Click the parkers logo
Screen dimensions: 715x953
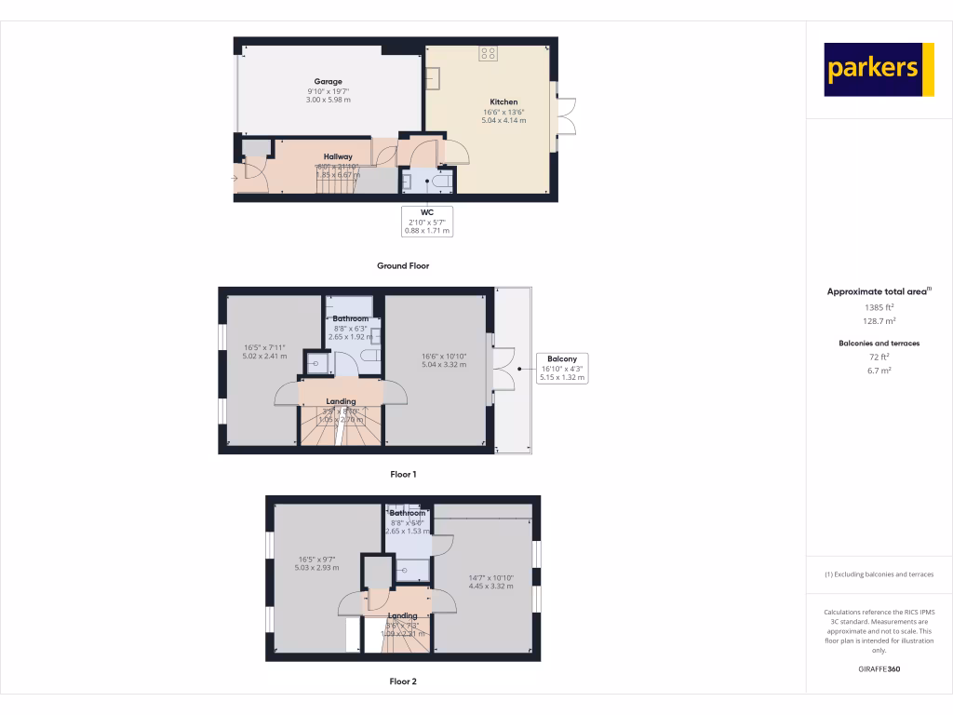[x=879, y=69]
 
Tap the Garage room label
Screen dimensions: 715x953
[x=328, y=82]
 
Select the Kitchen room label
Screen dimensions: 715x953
[x=503, y=102]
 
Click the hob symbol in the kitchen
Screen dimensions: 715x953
[x=488, y=53]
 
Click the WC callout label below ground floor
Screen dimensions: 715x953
[x=428, y=213]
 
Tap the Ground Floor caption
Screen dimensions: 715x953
[x=403, y=266]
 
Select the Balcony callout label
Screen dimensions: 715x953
[x=562, y=359]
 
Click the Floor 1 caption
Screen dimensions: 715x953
[x=403, y=475]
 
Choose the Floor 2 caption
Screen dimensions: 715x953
[x=403, y=681]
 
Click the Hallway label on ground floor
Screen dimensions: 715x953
[x=338, y=156]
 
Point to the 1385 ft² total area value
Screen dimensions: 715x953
[x=879, y=307]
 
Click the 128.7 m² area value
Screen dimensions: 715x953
[x=879, y=320]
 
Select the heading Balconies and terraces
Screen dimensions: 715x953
[x=879, y=344]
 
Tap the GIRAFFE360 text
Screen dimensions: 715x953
[x=879, y=669]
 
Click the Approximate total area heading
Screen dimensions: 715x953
[x=877, y=292]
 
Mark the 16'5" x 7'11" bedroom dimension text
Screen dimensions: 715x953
[x=263, y=348]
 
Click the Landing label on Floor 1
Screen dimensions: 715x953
[x=341, y=402]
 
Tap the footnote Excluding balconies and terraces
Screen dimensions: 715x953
[x=879, y=574]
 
